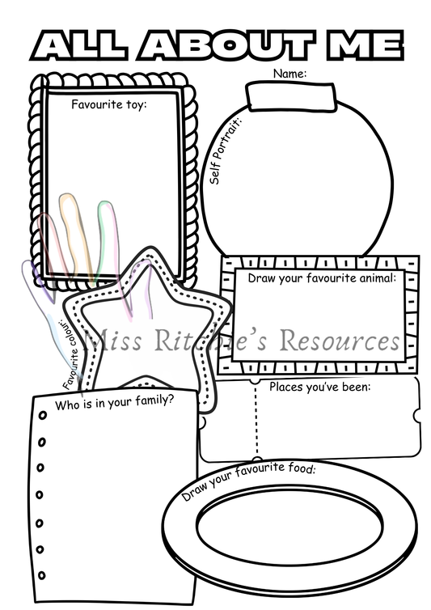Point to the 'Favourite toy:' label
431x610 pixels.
(108, 104)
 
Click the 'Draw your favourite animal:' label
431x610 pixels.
(321, 278)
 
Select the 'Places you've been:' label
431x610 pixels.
(319, 386)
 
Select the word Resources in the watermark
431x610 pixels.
(340, 341)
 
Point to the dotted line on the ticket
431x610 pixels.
(257, 419)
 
